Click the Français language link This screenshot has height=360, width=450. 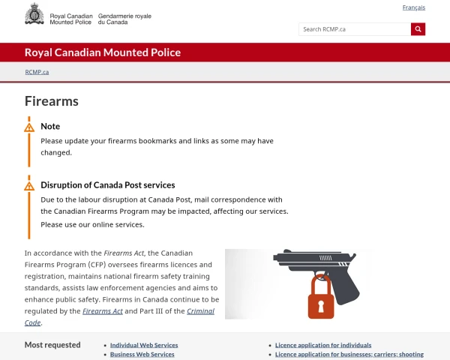(413, 7)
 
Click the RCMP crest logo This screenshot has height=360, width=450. (34, 13)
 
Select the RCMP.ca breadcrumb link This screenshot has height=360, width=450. (37, 72)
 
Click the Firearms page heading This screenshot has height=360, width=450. (52, 101)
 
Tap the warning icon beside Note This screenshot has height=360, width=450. (29, 127)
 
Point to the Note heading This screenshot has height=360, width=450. (50, 126)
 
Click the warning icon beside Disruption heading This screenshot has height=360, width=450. (29, 186)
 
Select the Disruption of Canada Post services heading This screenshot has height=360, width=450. (107, 184)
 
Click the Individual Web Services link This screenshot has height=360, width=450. (144, 345)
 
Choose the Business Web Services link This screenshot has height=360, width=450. (142, 354)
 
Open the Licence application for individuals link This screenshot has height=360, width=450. (323, 345)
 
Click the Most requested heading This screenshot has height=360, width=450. (52, 345)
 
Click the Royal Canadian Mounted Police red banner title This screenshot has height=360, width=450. (103, 52)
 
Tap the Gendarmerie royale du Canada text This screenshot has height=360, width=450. (124, 18)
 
